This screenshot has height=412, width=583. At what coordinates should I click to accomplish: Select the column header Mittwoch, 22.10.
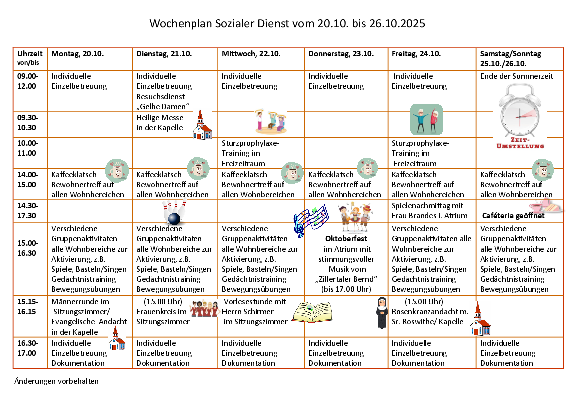pyautogui.click(x=251, y=54)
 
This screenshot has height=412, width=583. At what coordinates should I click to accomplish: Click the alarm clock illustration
pyautogui.click(x=520, y=112)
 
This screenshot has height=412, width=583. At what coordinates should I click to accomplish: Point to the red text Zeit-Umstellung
pyautogui.click(x=520, y=143)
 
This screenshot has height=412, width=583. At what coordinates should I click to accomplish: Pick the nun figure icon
pyautogui.click(x=382, y=313)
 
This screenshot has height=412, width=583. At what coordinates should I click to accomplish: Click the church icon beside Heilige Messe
pyautogui.click(x=201, y=125)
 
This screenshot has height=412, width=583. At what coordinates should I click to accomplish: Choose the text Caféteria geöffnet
pyautogui.click(x=513, y=216)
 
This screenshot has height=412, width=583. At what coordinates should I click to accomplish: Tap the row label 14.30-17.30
pyautogui.click(x=27, y=210)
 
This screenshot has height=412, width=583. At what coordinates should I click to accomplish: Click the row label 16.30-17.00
pyautogui.click(x=27, y=348)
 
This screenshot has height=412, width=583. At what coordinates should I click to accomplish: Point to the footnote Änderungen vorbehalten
pyautogui.click(x=56, y=381)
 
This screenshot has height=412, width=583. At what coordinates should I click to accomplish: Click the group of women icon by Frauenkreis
pyautogui.click(x=204, y=309)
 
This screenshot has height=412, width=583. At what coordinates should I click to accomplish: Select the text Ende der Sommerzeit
pyautogui.click(x=517, y=76)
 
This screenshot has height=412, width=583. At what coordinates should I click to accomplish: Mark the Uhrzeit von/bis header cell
pyautogui.click(x=30, y=58)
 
